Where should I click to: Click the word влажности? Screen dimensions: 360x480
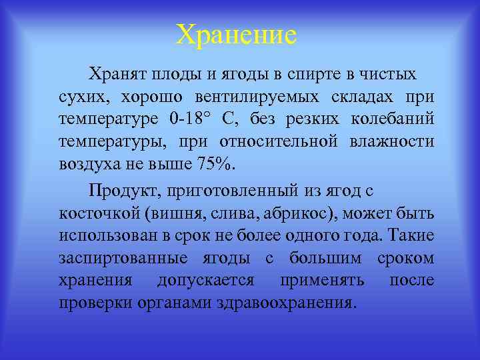(x=392, y=142)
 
